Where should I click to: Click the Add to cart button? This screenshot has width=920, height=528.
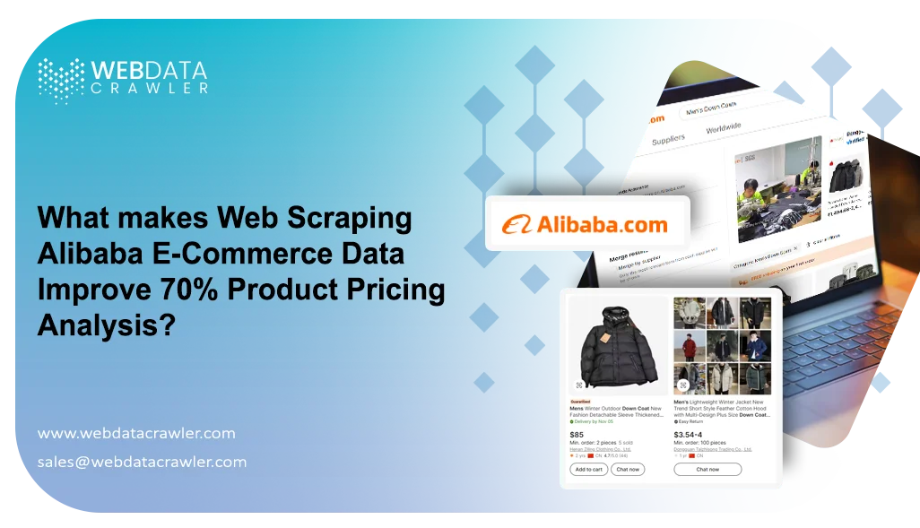click(588, 469)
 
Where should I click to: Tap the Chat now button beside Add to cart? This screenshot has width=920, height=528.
click(628, 469)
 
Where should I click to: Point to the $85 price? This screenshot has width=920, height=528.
click(577, 434)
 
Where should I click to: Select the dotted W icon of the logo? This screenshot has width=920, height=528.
click(61, 80)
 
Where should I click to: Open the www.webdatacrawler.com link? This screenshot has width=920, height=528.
click(136, 434)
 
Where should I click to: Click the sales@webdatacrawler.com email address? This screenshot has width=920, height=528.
click(142, 463)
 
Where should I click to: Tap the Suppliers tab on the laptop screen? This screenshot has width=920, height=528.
click(668, 140)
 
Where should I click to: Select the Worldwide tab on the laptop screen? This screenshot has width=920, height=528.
click(724, 128)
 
